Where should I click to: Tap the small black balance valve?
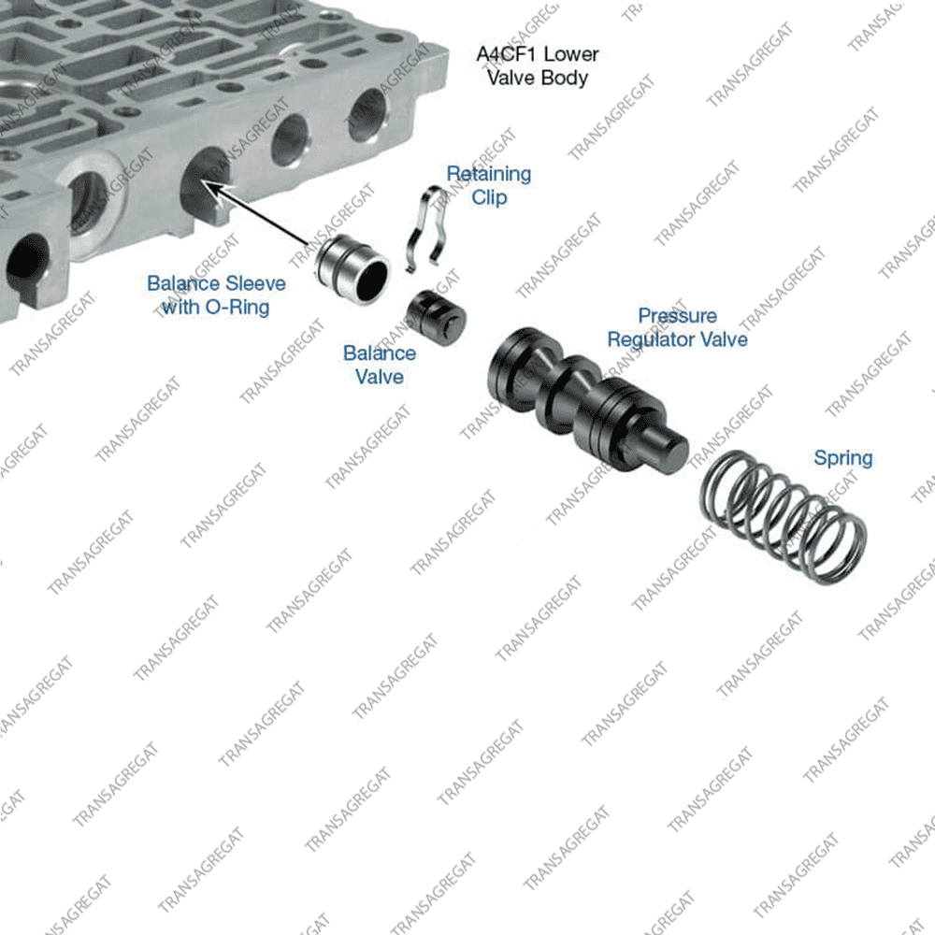(435, 317)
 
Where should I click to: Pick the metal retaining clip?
(431, 229)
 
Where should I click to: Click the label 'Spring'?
(842, 458)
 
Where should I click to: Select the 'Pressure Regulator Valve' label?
(677, 327)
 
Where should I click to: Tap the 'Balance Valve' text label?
(379, 365)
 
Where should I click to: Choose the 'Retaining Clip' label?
(488, 185)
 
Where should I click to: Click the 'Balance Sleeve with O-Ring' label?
(216, 295)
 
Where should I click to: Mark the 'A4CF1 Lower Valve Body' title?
(537, 65)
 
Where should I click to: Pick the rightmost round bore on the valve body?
(367, 114)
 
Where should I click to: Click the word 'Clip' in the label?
(489, 197)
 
